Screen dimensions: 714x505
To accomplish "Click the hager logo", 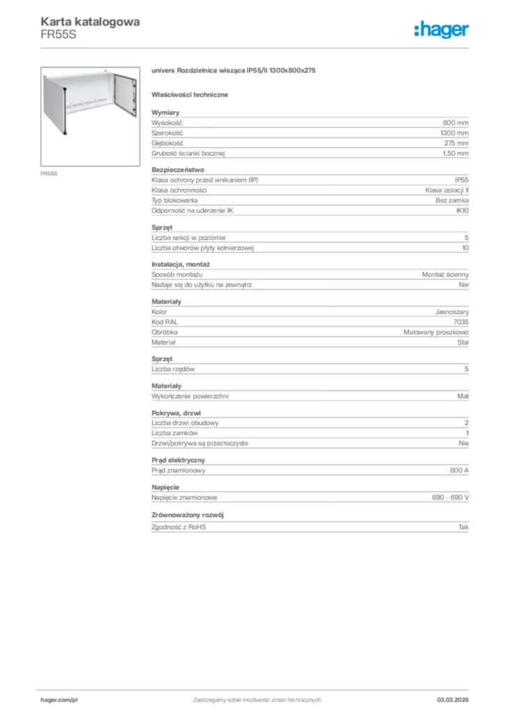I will [442, 29].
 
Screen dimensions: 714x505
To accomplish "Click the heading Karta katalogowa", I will [90, 22].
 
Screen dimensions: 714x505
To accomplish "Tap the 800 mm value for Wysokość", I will [455, 123].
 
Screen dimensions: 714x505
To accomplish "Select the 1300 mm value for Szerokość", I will [454, 132].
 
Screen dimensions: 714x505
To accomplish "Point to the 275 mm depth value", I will [455, 142].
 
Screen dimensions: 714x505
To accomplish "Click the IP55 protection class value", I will [461, 180].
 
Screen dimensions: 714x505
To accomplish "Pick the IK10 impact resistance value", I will [462, 210].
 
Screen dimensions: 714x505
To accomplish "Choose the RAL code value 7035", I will [461, 323].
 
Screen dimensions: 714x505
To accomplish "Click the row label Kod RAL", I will [165, 323].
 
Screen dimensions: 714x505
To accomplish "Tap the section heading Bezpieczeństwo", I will [178, 169].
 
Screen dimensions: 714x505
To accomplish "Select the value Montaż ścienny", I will [445, 275].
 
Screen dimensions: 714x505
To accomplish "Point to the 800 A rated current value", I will [460, 471].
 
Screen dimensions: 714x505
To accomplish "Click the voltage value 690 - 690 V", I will [451, 497].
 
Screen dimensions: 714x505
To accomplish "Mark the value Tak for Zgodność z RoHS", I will [463, 527].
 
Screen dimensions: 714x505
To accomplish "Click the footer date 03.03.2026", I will [448, 699].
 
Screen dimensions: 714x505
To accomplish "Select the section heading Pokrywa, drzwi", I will [176, 413].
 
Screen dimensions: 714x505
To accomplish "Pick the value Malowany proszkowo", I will [436, 333].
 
